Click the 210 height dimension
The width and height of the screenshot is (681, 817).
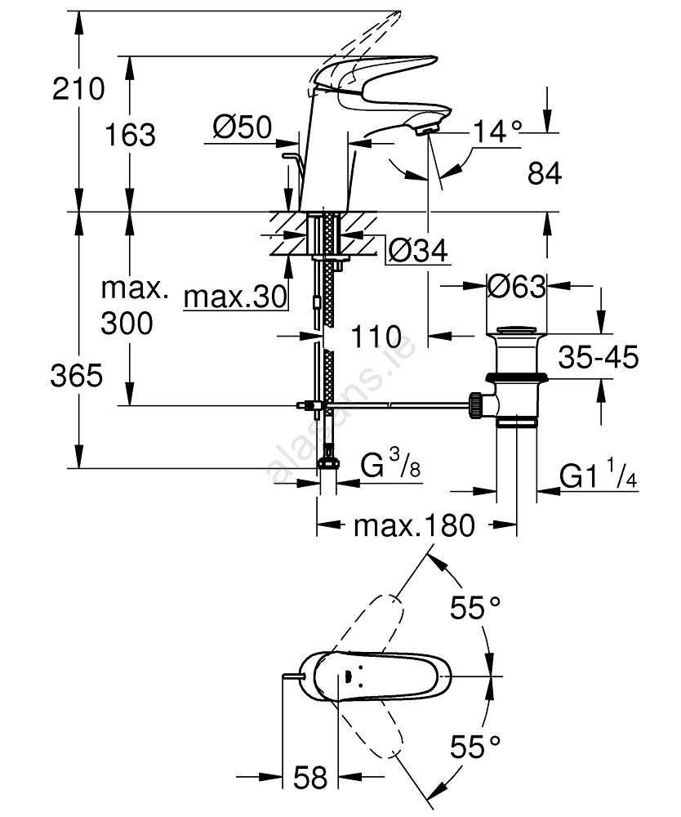click(78, 88)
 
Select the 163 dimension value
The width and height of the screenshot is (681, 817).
click(130, 135)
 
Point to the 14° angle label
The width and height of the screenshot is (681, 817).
click(496, 131)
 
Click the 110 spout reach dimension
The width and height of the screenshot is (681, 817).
click(376, 336)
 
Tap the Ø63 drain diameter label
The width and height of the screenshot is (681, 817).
click(516, 287)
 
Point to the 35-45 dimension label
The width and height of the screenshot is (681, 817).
click(599, 357)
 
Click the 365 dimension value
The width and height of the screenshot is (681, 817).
click(76, 377)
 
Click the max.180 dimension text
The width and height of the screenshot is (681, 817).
click(413, 525)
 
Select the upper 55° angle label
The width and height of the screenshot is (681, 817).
click(476, 608)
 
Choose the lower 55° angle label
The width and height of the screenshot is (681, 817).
click(474, 744)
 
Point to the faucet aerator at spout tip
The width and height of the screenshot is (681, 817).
click(426, 127)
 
